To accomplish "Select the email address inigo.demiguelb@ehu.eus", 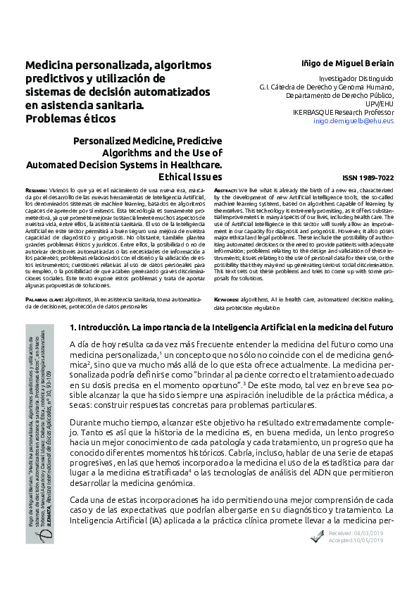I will [x=353, y=121].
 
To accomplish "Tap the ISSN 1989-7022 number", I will [x=368, y=180].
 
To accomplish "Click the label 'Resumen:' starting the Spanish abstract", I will [x=37, y=191].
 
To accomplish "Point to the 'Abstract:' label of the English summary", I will [x=225, y=191].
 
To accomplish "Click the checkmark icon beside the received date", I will [x=317, y=537].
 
